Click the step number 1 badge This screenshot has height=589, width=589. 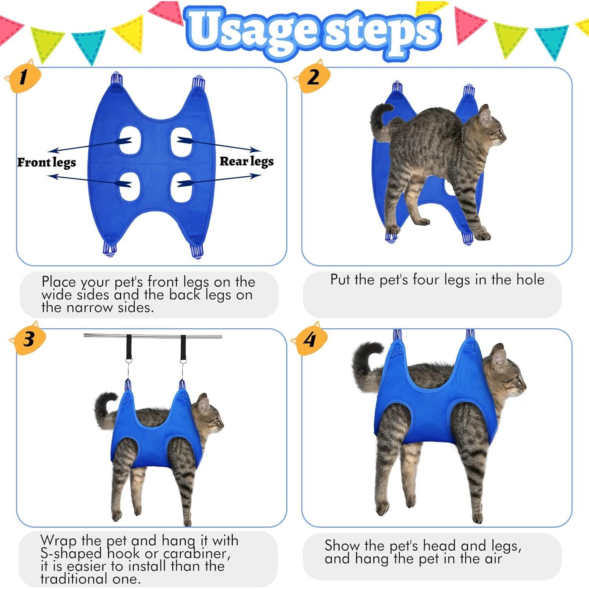click(24, 77)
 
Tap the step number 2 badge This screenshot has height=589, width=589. click(313, 77)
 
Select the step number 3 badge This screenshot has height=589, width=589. click(29, 339)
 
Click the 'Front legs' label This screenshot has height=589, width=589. click(46, 163)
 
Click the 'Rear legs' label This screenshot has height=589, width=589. click(247, 161)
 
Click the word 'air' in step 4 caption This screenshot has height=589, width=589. click(493, 559)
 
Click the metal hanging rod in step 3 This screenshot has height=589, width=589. click(153, 336)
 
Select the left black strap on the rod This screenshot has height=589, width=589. click(129, 347)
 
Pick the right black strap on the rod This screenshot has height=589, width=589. click(183, 347)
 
